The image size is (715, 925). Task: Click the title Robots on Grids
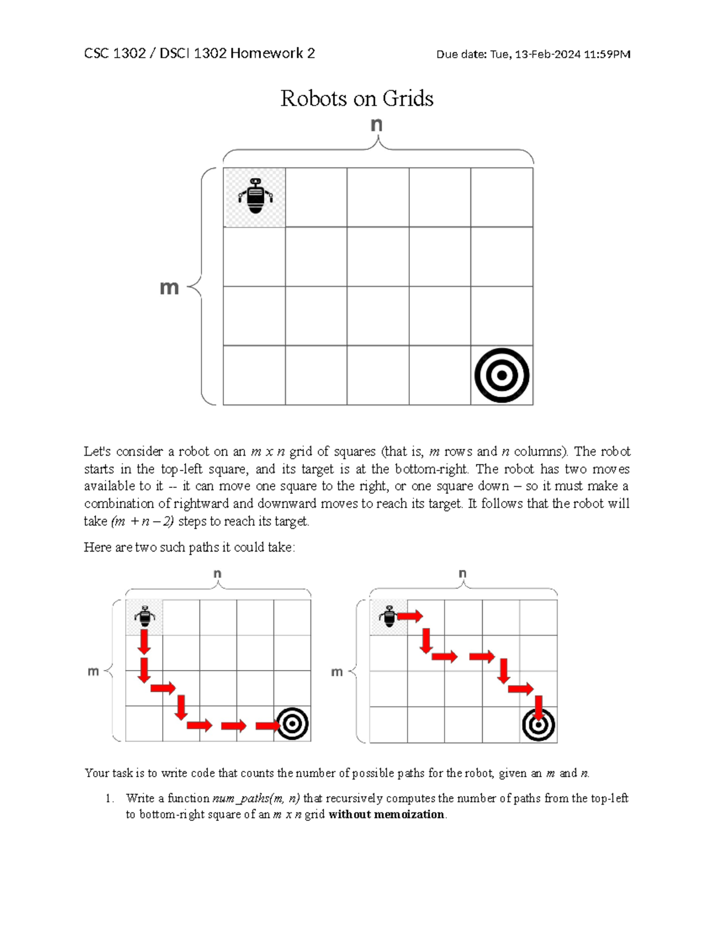[357, 98]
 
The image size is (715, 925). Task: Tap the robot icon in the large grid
[255, 196]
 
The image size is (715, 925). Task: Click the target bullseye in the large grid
[502, 375]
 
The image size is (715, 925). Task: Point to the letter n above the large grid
[377, 124]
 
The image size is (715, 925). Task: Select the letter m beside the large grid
[169, 288]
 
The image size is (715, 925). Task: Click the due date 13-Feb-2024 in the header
[548, 55]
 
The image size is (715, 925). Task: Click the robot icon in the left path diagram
[144, 616]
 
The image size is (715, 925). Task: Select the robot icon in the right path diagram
[388, 616]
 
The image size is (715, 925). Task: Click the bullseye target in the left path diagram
[292, 724]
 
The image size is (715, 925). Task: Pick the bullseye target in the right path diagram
[539, 725]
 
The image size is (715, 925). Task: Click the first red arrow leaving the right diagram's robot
[410, 616]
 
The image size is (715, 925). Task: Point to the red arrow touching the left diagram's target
[268, 725]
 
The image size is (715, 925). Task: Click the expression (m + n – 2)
[142, 521]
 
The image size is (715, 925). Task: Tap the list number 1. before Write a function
[109, 798]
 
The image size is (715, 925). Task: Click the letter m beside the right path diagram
[337, 672]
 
